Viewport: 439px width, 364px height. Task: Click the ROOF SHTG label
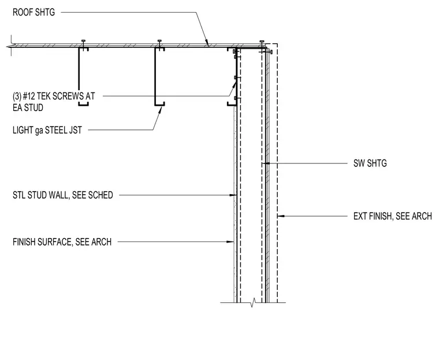click(x=34, y=12)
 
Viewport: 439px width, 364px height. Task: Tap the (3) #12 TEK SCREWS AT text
click(x=54, y=96)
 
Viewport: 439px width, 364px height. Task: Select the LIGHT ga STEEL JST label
click(x=47, y=130)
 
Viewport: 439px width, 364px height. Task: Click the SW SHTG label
click(x=370, y=164)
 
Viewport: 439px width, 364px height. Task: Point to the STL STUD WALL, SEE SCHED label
click(x=63, y=195)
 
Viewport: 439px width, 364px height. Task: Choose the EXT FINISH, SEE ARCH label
click(x=393, y=216)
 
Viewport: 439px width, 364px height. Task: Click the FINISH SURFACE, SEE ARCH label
click(x=62, y=242)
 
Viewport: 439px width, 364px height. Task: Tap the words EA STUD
click(x=28, y=108)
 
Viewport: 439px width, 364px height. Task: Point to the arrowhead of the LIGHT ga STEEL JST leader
click(x=160, y=109)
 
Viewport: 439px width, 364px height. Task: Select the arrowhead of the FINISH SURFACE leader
click(x=230, y=242)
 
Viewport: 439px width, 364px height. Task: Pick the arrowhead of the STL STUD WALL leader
click(x=233, y=195)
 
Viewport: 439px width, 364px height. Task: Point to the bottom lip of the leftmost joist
click(x=83, y=105)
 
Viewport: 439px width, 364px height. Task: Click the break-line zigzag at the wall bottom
click(x=253, y=302)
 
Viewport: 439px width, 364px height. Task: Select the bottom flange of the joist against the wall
click(x=232, y=105)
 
